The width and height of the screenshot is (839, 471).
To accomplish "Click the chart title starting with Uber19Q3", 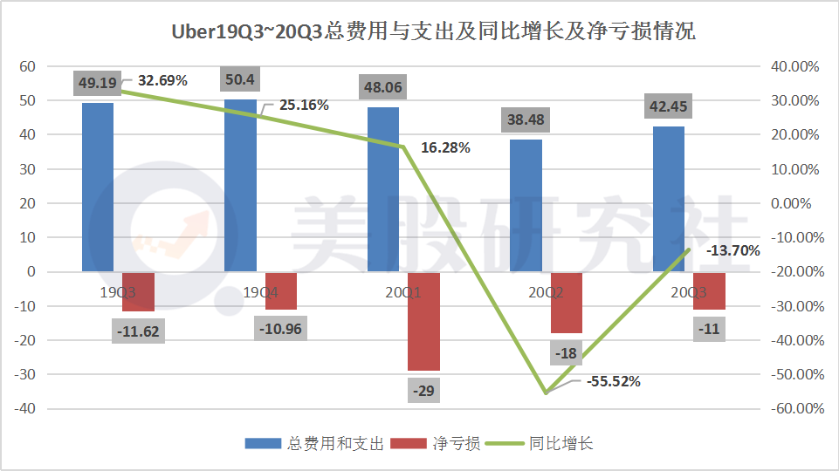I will (419, 31).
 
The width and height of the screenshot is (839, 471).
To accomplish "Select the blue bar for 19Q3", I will (98, 187).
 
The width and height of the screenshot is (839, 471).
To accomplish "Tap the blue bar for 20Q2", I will (526, 205).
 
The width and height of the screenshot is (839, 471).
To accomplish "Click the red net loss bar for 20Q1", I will (423, 321).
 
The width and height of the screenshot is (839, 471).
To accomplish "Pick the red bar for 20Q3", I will (709, 290).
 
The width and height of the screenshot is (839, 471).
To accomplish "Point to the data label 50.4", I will (240, 79).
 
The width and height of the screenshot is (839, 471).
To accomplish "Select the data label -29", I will (423, 390).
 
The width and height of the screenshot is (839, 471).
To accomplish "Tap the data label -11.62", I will (139, 331).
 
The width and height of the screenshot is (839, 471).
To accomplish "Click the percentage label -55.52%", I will (614, 381).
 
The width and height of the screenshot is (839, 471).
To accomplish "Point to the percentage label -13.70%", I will (733, 250).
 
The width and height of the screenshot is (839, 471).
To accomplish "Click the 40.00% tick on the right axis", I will (794, 66).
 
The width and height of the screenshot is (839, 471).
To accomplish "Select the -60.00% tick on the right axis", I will (792, 409).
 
